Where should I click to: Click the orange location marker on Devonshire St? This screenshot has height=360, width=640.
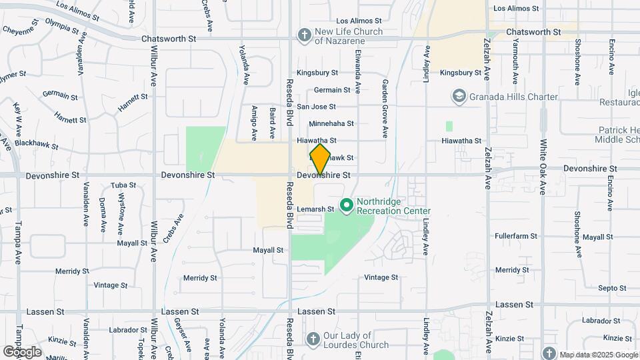(x=320, y=159)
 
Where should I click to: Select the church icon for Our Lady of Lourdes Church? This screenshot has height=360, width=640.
(x=313, y=340)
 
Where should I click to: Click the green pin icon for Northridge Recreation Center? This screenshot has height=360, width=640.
(x=346, y=205)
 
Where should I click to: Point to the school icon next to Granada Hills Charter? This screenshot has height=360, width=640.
(x=459, y=97)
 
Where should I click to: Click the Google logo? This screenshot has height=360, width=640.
(x=22, y=351)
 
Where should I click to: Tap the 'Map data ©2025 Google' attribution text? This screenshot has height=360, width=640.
(x=598, y=355)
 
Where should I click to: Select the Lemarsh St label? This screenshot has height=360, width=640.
(x=315, y=209)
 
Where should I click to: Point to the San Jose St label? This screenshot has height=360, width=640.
(x=316, y=107)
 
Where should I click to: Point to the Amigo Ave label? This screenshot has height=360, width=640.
(x=254, y=123)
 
